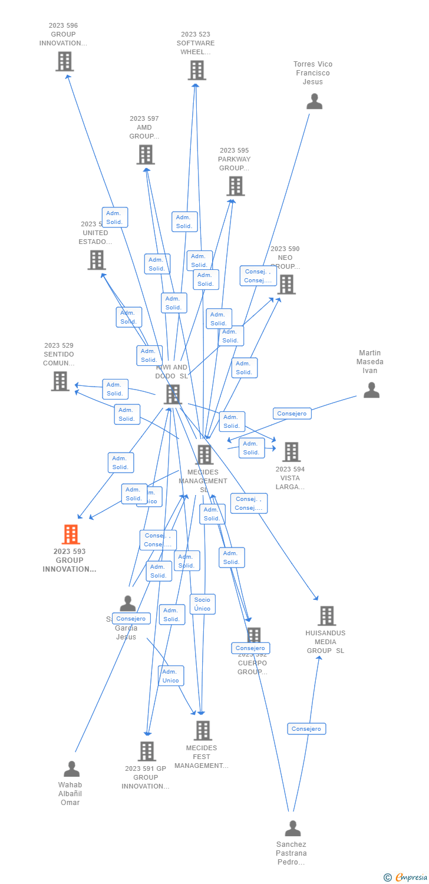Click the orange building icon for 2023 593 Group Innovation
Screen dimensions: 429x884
pyautogui.click(x=70, y=535)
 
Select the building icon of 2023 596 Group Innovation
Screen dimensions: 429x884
pyautogui.click(x=64, y=61)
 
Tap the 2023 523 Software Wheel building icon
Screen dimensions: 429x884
pyautogui.click(x=197, y=70)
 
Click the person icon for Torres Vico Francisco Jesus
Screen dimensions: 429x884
pyautogui.click(x=314, y=101)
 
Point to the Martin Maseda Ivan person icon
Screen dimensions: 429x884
pyautogui.click(x=371, y=390)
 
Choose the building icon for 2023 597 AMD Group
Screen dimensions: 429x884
pyautogui.click(x=146, y=154)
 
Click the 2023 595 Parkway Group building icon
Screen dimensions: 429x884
pyautogui.click(x=235, y=186)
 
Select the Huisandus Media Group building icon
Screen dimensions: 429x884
pyautogui.click(x=326, y=616)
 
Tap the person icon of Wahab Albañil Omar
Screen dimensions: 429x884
pyautogui.click(x=71, y=768)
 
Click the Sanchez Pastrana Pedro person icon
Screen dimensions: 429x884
pyautogui.click(x=292, y=829)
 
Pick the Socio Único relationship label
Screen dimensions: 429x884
pyautogui.click(x=202, y=604)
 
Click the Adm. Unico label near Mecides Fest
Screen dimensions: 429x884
pyautogui.click(x=170, y=676)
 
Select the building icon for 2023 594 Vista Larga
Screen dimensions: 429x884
pyautogui.click(x=291, y=452)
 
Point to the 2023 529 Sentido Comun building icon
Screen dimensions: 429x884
pyautogui.click(x=60, y=381)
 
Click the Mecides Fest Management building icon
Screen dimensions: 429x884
pyautogui.click(x=203, y=731)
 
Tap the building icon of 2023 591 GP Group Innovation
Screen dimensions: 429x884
pyautogui.click(x=147, y=751)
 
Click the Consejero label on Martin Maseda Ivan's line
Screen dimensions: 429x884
pyautogui.click(x=292, y=414)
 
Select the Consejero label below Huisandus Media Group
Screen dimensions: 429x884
pyautogui.click(x=306, y=729)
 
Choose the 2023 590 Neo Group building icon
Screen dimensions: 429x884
pyautogui.click(x=286, y=285)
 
